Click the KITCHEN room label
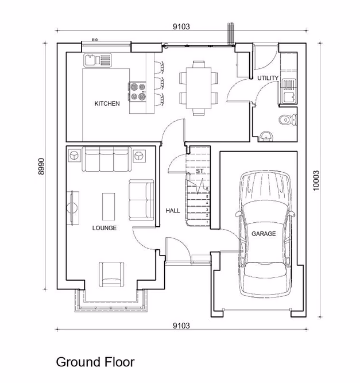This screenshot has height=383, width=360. tap(107, 104)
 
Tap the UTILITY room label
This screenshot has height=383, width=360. tap(268, 78)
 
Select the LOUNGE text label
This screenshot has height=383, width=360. tap(104, 228)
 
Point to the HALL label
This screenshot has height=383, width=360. tap(173, 211)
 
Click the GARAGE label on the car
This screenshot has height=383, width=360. tap(264, 234)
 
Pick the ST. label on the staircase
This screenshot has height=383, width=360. tap(200, 171)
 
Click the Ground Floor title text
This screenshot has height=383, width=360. tap(95, 362)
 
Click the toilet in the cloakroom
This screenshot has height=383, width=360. tap(284, 119)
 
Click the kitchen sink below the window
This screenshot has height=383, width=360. tap(92, 59)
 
